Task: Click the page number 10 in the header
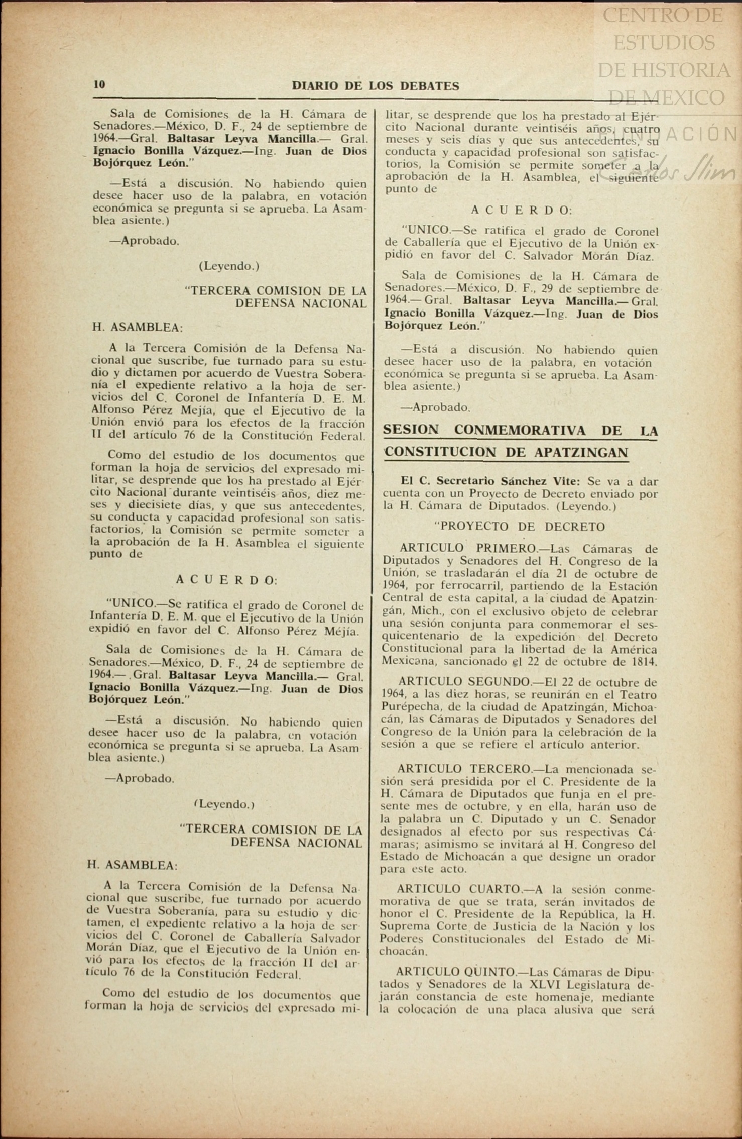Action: point(99,84)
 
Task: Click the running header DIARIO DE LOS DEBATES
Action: point(375,86)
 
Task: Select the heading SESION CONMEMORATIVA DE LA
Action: point(520,431)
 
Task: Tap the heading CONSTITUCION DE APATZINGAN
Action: point(506,453)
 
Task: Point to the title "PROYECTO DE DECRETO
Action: point(519,527)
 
